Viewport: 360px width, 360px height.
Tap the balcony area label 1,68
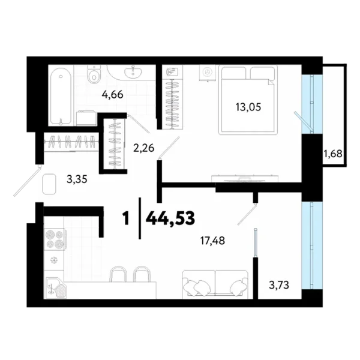click(333, 154)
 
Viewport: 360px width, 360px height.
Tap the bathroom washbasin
click(132, 72)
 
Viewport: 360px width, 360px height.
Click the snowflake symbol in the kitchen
click(53, 261)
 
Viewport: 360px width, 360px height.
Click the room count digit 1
click(125, 218)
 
